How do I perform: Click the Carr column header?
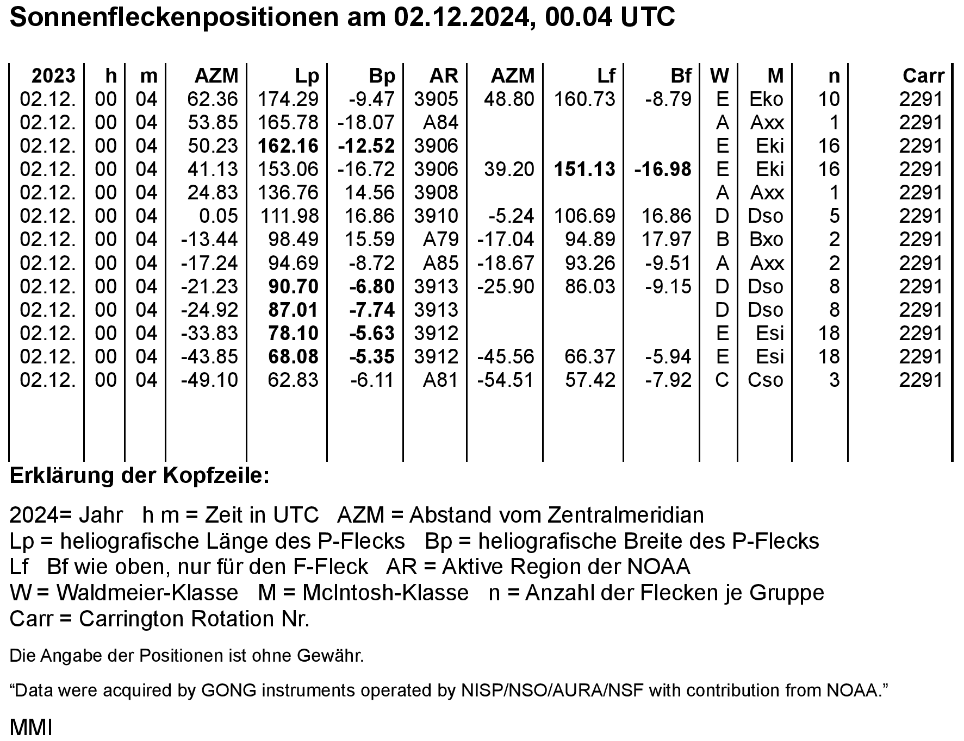coord(923,76)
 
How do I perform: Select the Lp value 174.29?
coord(288,99)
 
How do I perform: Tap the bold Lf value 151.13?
coord(584,169)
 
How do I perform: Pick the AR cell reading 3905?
coord(436,99)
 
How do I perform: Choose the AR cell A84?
coord(440,122)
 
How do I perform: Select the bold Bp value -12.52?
coord(366,146)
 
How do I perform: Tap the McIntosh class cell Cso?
coord(765,379)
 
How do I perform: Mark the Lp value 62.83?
coord(293,379)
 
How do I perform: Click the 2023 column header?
coord(53,76)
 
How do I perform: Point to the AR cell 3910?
coord(436,216)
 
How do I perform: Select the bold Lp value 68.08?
coord(293,356)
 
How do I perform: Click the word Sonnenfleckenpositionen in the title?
coord(174,17)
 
